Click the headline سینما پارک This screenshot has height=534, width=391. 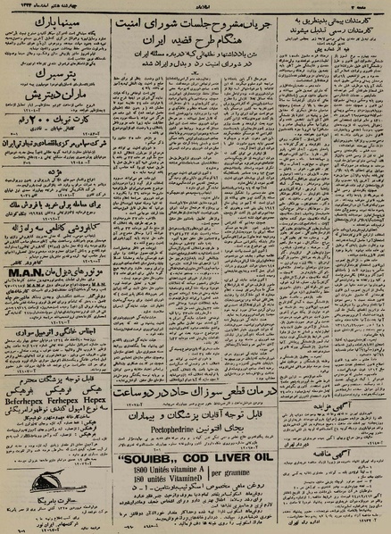point(57,19)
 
